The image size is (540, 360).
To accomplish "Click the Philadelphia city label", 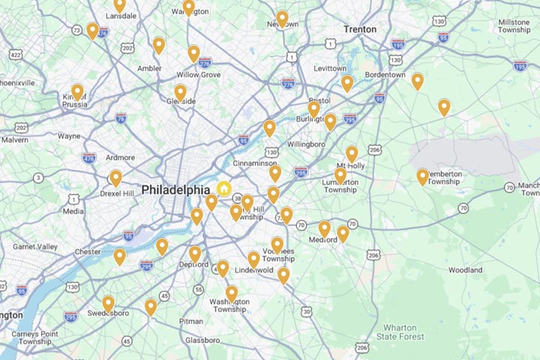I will coord(175,190).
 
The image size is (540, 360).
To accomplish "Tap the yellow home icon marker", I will coord(224,188).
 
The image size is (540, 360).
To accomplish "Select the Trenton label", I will coord(360,29).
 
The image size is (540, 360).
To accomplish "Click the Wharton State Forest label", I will coord(405,332).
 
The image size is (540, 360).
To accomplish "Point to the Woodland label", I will coord(465,270).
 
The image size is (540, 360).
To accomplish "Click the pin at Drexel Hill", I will coord(115,178).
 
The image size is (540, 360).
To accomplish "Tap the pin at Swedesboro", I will coord(109,304).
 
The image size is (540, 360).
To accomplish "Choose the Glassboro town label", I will coord(202,340).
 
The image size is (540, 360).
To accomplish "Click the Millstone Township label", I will coord(513,28).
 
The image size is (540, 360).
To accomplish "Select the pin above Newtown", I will coord(282,18).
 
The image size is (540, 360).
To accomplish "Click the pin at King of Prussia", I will coord(77,92).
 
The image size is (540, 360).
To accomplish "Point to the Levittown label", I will coord(330,68).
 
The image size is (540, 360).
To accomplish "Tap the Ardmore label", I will coord(121,157).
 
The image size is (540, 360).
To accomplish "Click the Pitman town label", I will coord(190,321).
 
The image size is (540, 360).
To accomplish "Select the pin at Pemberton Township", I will coord(423,176).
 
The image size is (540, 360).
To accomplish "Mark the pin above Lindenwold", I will coord(253,259).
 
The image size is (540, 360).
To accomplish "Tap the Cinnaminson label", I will coord(255,163).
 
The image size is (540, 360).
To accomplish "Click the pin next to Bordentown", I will coord(418,81).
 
